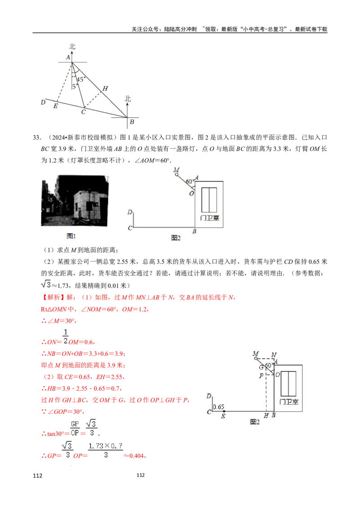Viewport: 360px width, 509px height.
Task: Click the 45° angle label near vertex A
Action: (81, 80)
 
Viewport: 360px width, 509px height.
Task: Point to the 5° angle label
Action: (75, 86)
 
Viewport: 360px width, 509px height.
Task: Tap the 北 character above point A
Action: (72, 46)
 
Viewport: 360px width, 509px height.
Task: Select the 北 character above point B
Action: (128, 98)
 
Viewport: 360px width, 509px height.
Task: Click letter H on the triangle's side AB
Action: (105, 89)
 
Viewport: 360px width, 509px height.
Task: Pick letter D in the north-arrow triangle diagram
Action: (43, 103)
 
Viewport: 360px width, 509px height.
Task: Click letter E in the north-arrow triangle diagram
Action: (55, 106)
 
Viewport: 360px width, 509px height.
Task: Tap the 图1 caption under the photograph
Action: (72, 235)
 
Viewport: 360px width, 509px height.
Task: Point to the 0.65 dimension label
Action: (218, 407)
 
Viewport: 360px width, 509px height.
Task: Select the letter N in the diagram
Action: (274, 355)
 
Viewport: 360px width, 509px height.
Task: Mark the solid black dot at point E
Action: (224, 411)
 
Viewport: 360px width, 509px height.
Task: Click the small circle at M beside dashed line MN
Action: (256, 358)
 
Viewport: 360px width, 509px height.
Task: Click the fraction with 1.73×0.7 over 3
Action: (106, 450)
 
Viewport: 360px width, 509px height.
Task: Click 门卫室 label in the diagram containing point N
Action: (289, 401)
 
